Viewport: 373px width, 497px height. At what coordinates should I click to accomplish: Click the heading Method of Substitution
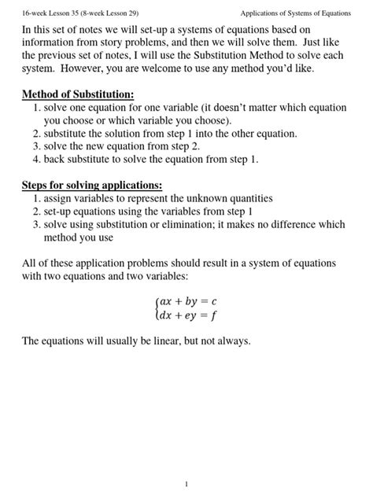77,95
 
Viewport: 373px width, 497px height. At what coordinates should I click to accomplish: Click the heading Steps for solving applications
91,186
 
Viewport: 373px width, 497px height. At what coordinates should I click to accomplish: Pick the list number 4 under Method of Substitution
36,159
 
